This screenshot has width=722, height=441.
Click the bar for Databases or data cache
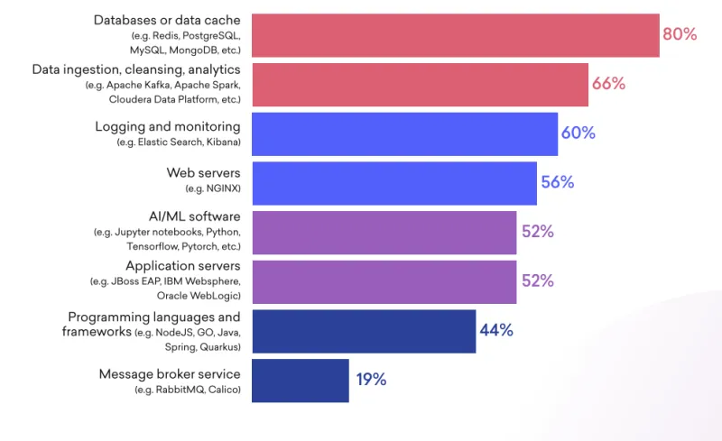tap(454, 35)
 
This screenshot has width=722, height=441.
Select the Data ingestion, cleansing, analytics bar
tap(420, 84)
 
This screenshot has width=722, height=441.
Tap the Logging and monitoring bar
tap(404, 133)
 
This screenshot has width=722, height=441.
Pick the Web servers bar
tap(394, 183)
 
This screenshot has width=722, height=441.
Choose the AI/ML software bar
tap(384, 232)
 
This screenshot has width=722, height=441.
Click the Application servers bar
tap(384, 281)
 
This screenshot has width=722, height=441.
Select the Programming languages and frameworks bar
tap(364, 331)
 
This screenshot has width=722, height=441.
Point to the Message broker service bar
tap(300, 380)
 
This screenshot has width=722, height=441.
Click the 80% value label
tap(680, 34)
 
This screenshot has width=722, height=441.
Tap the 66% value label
tap(608, 84)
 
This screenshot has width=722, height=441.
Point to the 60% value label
tap(578, 133)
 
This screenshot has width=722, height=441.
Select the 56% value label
tap(557, 182)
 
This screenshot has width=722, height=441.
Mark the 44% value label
tap(496, 330)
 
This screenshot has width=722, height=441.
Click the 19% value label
tap(370, 380)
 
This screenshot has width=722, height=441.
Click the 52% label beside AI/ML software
tap(537, 232)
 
